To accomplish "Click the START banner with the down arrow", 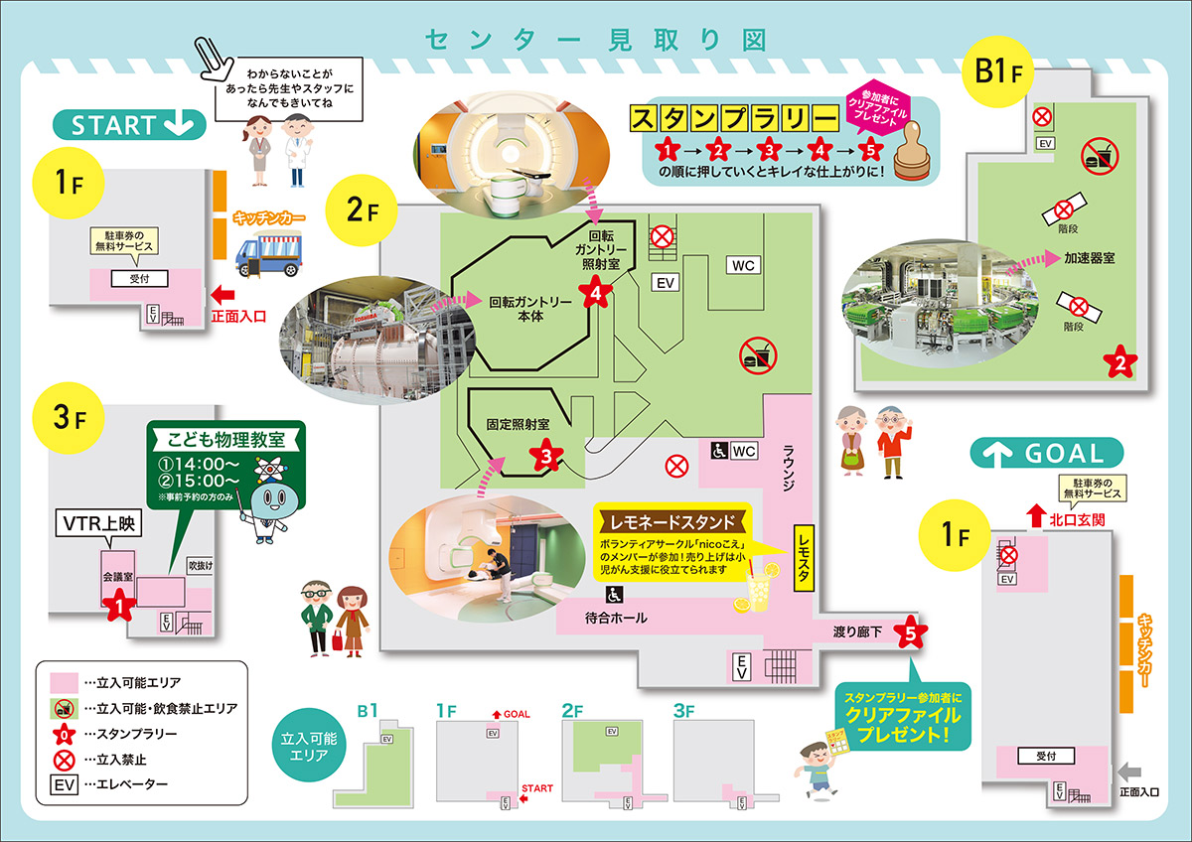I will click(130, 125).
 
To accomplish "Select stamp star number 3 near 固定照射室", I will click(545, 456).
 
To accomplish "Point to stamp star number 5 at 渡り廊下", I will click(910, 632).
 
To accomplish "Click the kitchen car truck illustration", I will click(265, 251).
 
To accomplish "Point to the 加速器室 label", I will click(1089, 257).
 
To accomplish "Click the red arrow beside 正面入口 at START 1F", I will click(223, 294).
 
